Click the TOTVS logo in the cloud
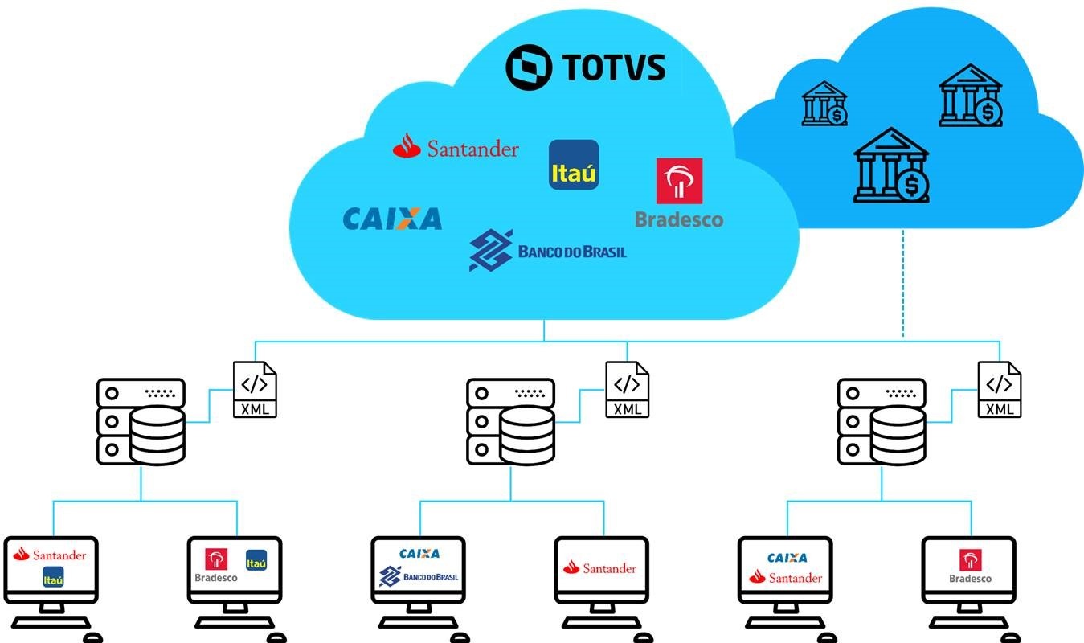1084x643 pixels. [x=585, y=68]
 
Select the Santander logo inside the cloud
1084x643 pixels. [x=456, y=147]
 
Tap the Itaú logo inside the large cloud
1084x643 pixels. [x=574, y=165]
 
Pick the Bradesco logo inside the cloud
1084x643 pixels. [x=679, y=193]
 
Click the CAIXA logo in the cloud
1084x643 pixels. [x=392, y=219]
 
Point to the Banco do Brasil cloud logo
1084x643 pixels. [x=547, y=250]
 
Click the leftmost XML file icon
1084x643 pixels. [x=256, y=389]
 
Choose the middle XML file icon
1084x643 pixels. [x=628, y=389]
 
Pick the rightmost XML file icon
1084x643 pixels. [x=1000, y=389]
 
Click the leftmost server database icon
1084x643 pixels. [x=141, y=421]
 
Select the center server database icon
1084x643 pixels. [x=511, y=421]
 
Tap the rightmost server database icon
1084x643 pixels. [x=882, y=421]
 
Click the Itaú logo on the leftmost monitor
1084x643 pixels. [x=53, y=576]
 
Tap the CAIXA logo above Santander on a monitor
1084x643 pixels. [x=787, y=558]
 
